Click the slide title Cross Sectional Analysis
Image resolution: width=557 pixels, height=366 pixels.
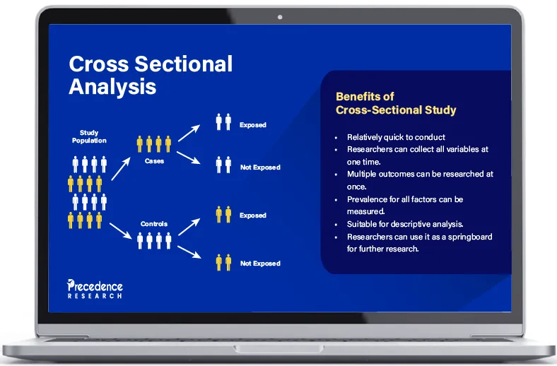[150, 75]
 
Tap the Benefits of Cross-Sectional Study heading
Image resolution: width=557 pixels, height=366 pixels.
[395, 103]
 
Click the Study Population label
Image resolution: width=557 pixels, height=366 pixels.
[89, 136]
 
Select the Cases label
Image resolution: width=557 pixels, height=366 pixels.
[154, 161]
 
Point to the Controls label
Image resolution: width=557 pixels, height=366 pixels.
[153, 224]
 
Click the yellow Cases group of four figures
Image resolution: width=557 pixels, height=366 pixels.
[154, 144]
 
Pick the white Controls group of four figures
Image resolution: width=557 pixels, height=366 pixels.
[154, 240]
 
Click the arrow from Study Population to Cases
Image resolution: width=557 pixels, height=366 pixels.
[121, 167]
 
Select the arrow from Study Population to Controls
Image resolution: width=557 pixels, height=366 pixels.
[121, 228]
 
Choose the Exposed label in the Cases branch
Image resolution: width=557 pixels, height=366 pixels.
[252, 125]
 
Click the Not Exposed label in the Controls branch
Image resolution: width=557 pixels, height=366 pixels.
[260, 264]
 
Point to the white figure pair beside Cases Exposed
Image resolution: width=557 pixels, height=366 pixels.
[223, 122]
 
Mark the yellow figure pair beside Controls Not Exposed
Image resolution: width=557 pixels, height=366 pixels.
[223, 262]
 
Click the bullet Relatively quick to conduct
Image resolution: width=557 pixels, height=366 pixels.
[396, 137]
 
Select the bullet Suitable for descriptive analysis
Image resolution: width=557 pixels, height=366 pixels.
[405, 223]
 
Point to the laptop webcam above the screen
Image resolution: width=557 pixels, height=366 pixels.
[280, 16]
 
